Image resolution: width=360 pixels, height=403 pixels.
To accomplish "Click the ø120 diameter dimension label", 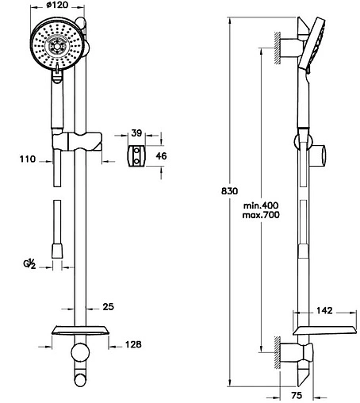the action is [57, 5].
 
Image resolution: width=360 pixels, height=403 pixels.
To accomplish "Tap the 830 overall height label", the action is [229, 190].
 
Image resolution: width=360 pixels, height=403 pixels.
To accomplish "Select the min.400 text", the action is [261, 205].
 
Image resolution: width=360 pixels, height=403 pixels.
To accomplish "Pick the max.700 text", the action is [261, 215].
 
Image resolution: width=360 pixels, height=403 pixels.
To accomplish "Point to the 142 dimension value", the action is [324, 310].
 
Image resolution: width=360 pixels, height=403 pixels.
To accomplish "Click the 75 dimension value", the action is [297, 395].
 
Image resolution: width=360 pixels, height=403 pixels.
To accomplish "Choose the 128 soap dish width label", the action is [133, 344].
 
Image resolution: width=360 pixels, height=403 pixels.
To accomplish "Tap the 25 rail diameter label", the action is [108, 307].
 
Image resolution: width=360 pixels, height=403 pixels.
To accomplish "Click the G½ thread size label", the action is [29, 264].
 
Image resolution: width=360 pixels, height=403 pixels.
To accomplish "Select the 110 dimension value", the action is [28, 159].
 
